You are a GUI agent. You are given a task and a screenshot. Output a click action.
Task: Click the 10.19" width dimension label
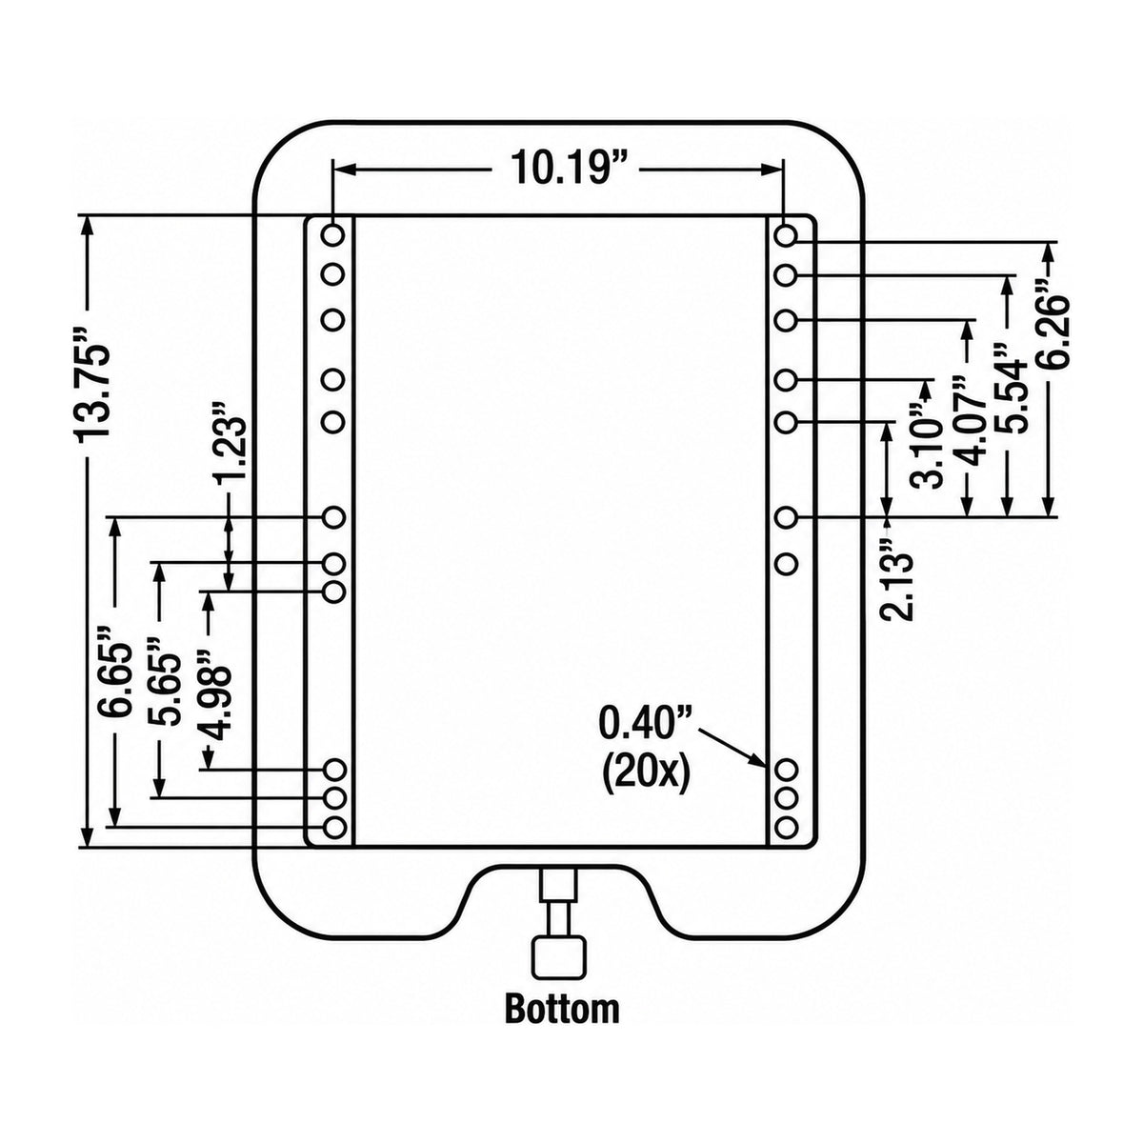point(562,168)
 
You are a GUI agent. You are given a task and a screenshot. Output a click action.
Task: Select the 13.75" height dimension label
point(93,391)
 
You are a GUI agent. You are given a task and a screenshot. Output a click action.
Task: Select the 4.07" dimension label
point(968,424)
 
